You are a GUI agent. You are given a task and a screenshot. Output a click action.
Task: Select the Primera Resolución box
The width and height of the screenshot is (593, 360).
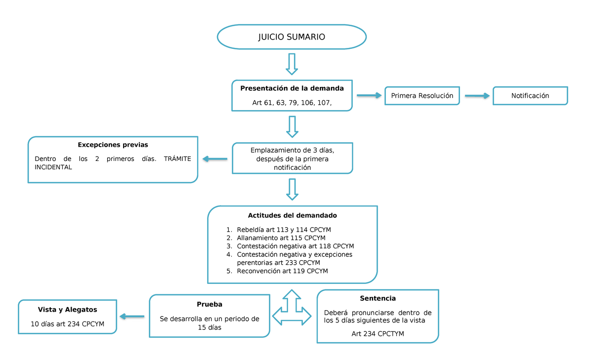422,95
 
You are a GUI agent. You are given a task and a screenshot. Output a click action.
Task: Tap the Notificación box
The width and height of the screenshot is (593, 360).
530,95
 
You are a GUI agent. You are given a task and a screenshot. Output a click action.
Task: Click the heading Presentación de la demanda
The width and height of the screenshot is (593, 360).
292,88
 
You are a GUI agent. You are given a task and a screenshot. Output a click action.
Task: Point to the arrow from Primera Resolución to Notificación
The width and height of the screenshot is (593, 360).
477,95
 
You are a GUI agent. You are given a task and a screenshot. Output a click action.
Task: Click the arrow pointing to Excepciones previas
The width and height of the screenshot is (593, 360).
214,159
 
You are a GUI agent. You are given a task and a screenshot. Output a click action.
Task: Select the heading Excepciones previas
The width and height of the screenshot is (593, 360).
113,145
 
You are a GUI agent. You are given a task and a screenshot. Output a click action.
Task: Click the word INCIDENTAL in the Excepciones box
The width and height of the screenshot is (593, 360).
53,167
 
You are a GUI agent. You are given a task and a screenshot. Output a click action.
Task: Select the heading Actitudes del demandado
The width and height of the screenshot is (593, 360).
292,215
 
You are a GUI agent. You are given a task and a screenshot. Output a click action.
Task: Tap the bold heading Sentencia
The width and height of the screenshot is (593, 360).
378,298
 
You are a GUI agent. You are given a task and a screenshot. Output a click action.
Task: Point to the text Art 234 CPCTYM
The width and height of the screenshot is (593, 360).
378,334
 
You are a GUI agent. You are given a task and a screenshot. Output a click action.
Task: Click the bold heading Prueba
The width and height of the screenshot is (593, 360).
210,304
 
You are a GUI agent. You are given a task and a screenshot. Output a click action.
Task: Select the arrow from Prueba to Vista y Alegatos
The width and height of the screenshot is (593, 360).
132,317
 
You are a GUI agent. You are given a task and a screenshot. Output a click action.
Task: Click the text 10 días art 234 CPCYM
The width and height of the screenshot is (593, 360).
67,324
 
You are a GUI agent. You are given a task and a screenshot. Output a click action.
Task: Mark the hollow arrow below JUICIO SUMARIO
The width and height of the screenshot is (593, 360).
292,64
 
